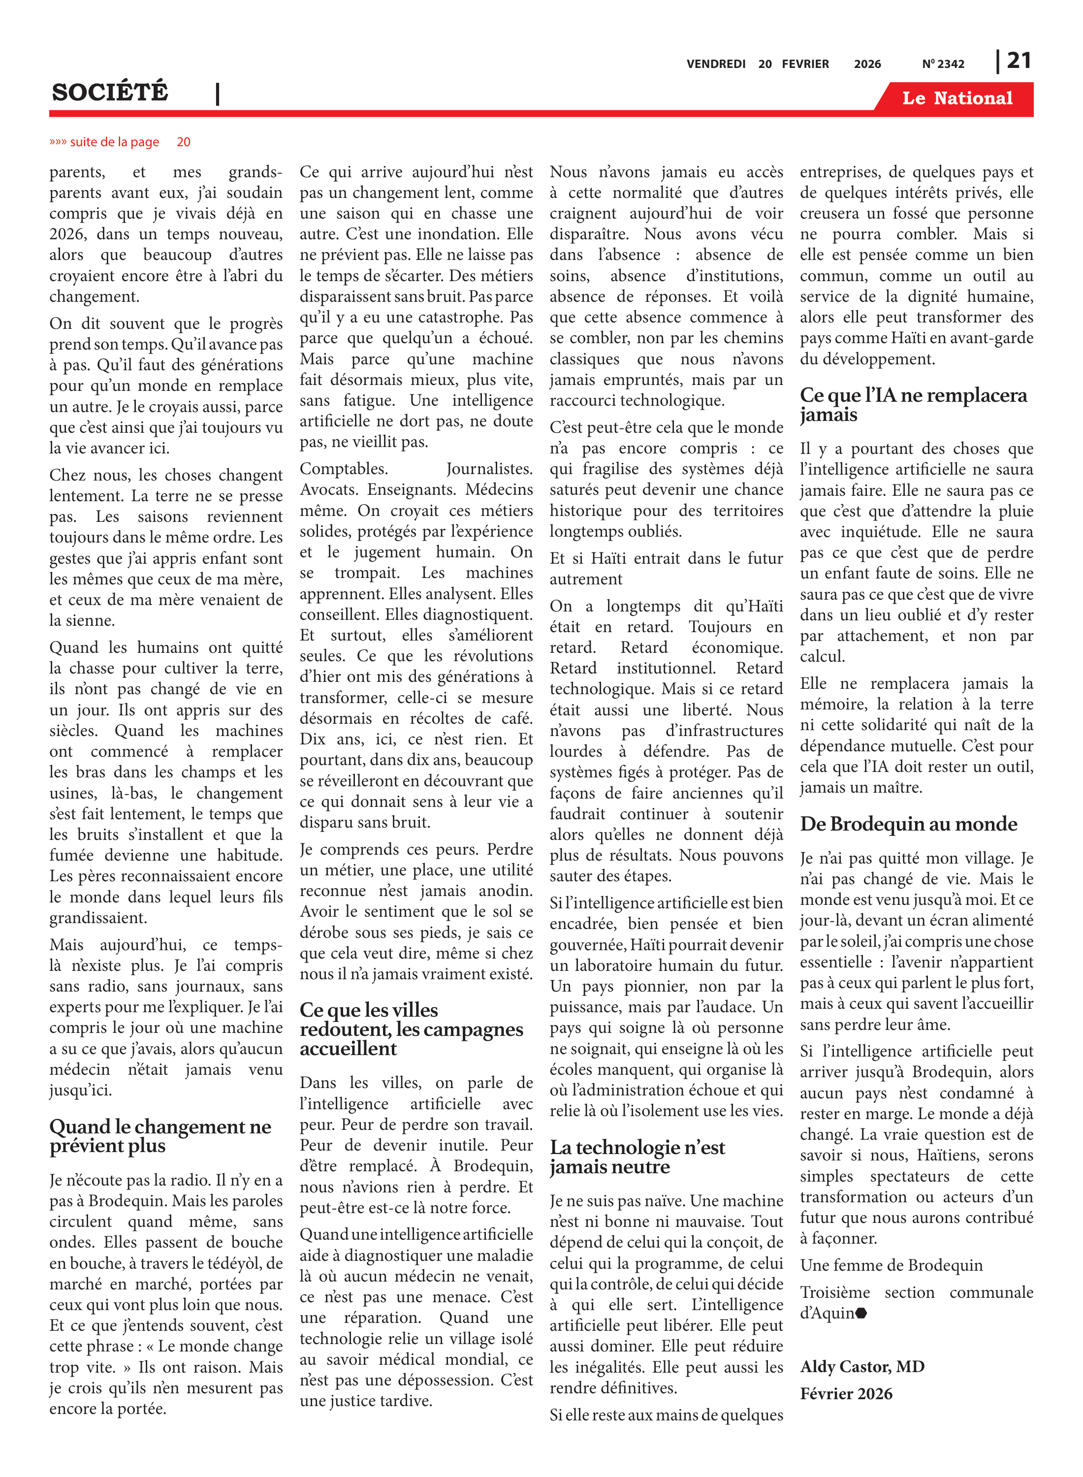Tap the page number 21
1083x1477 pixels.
coord(1019,61)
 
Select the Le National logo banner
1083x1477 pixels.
coord(956,98)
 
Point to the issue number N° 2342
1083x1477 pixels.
coord(943,64)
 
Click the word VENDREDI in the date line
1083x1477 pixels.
coord(716,64)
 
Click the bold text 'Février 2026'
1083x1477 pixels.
coord(846,1393)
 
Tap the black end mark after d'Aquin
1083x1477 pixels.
coord(861,1313)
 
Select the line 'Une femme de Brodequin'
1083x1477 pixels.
coord(891,1265)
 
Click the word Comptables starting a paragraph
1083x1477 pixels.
coord(344,469)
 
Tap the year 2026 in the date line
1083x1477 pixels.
coord(867,64)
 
